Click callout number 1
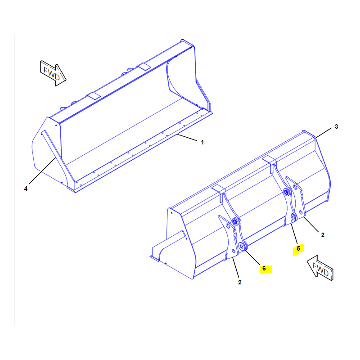(202, 142)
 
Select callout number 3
(336, 126)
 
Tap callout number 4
(26, 189)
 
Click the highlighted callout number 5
(298, 248)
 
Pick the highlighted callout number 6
(264, 268)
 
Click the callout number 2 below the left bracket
(240, 283)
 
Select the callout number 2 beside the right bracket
(323, 235)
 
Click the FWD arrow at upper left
(53, 73)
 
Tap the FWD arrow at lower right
(320, 268)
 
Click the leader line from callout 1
(187, 137)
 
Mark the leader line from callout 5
(294, 234)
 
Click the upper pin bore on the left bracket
(235, 221)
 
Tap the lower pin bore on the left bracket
(241, 246)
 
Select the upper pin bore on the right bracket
(286, 192)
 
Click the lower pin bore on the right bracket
(293, 216)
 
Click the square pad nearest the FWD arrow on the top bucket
(94, 96)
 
